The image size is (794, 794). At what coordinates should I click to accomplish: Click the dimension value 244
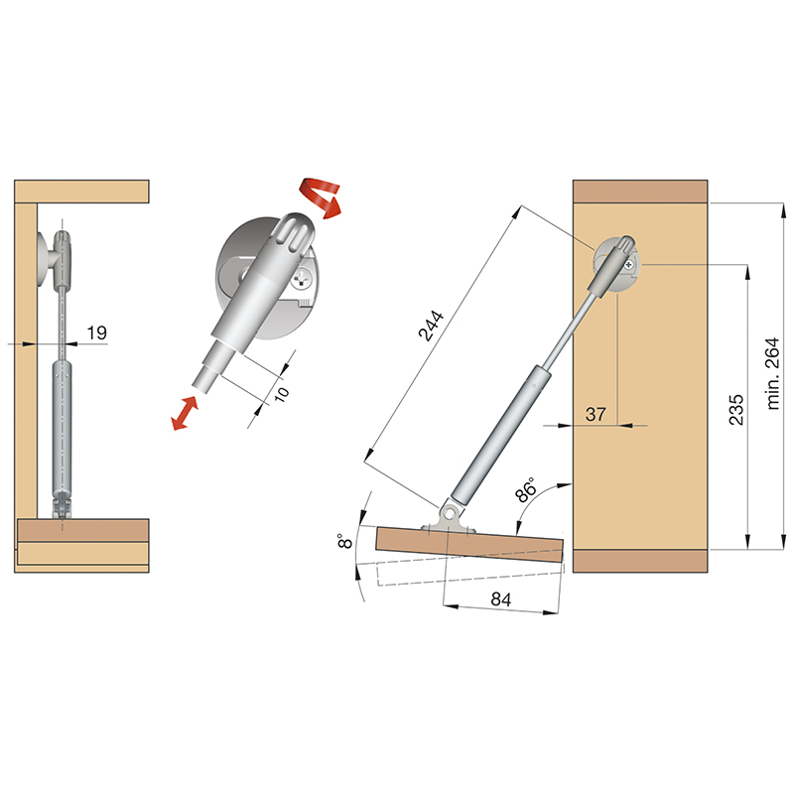431,326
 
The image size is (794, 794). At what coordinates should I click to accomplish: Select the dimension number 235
736,410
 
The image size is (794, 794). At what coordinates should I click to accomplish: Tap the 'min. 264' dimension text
773,373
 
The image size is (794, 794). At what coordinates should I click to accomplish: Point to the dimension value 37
595,414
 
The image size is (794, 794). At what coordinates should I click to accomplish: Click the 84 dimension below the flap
501,599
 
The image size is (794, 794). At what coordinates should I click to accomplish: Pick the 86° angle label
526,489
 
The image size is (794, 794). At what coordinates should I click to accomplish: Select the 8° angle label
344,541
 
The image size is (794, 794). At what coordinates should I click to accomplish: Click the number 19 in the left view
96,332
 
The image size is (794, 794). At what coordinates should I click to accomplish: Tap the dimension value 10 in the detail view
282,393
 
